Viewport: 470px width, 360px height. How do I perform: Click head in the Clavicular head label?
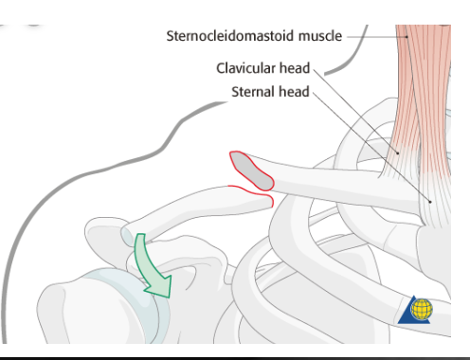pos(298,69)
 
